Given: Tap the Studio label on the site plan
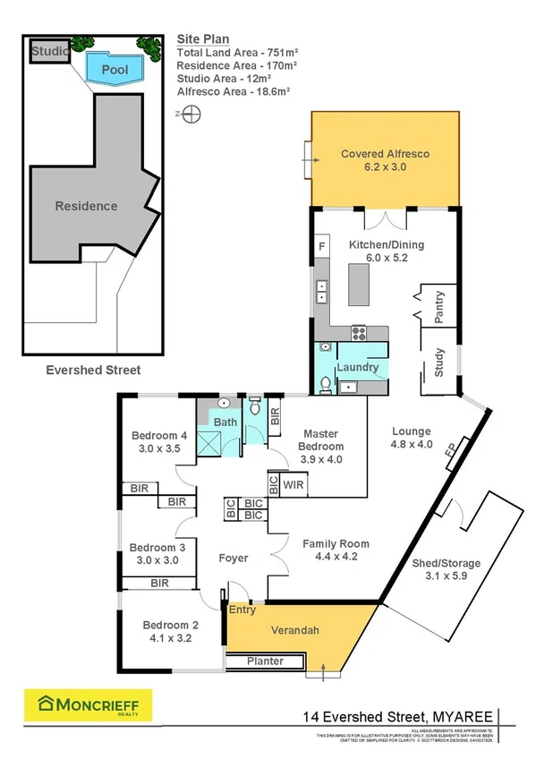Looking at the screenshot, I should tap(50, 52).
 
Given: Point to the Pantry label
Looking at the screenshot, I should tap(438, 308).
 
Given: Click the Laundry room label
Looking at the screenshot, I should tap(357, 367).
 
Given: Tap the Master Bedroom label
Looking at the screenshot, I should tap(321, 439).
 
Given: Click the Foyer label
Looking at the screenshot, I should tap(234, 558).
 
